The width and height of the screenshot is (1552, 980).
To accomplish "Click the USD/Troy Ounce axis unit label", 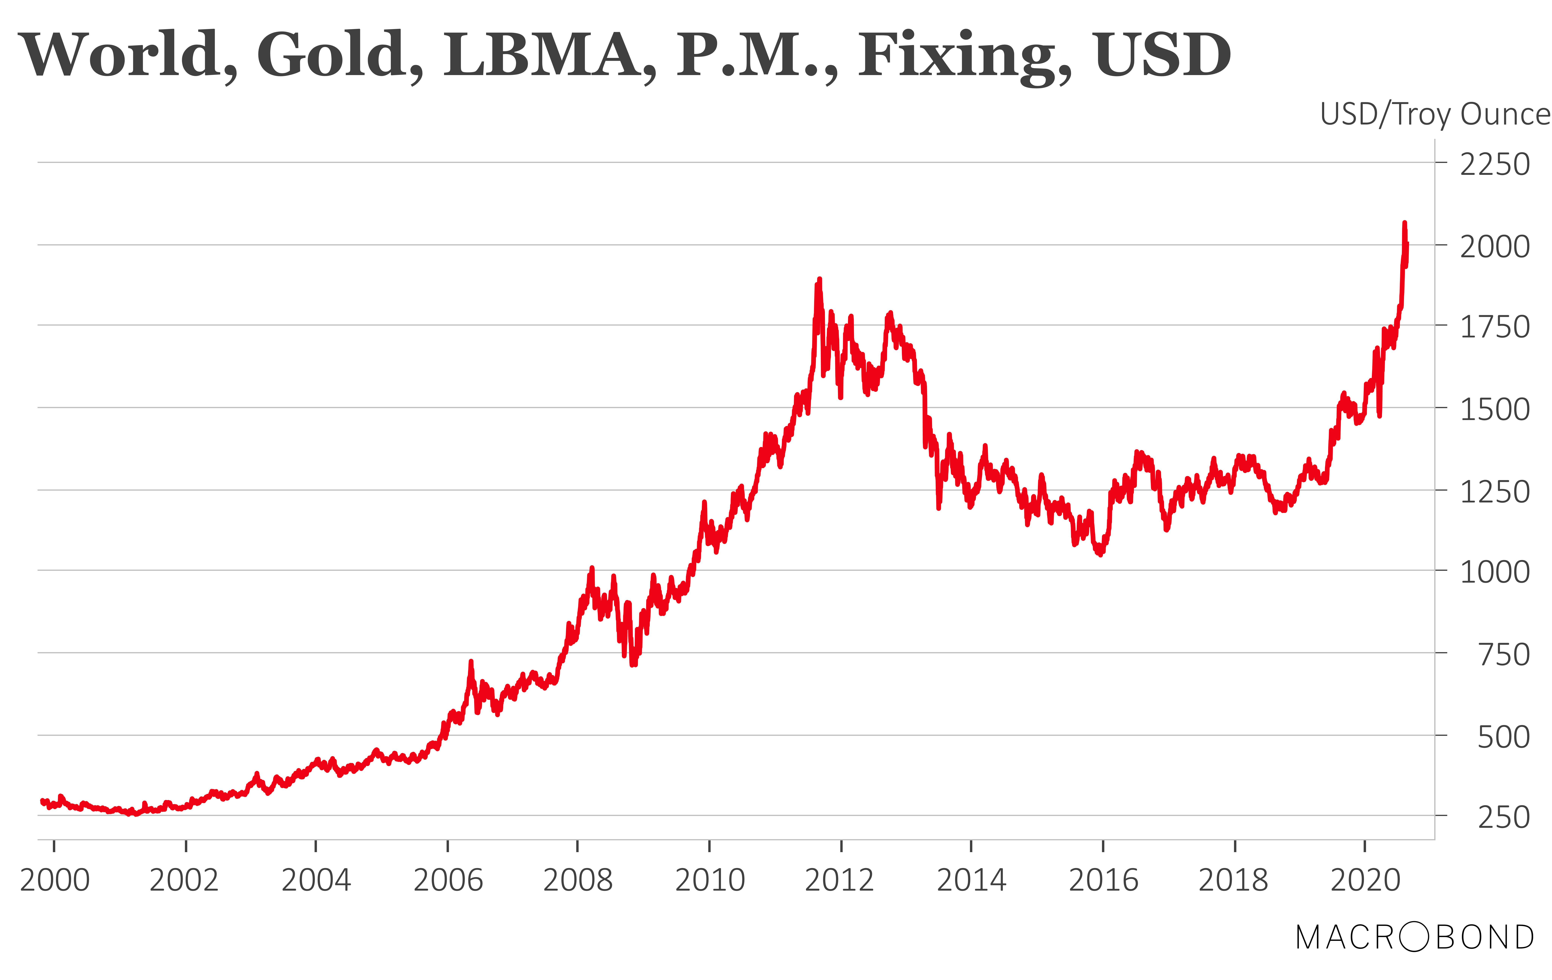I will click(1435, 115).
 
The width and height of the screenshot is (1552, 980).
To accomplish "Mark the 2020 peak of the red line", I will click(1404, 223).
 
